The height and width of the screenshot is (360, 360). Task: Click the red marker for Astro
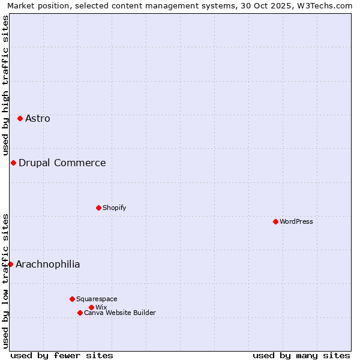[20, 119]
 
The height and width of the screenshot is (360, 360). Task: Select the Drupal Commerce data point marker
[13, 163]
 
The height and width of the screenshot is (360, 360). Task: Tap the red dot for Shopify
[98, 208]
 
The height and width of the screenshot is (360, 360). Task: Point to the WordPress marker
[275, 221]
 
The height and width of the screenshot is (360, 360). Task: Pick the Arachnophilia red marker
[10, 264]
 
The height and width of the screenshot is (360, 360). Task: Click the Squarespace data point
[72, 299]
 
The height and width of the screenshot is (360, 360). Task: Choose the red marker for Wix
[91, 307]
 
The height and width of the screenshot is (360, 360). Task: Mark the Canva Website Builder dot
[80, 313]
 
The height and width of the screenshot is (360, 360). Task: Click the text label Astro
[38, 119]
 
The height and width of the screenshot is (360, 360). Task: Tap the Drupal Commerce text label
[62, 163]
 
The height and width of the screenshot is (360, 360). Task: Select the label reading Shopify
[114, 208]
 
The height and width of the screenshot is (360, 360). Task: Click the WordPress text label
[296, 221]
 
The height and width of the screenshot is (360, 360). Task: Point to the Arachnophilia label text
[48, 265]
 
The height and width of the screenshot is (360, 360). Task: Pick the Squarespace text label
[97, 299]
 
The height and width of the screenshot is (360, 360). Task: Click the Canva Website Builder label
[120, 313]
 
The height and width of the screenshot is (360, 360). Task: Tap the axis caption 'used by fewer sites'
[62, 355]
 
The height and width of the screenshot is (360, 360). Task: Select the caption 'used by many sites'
[301, 355]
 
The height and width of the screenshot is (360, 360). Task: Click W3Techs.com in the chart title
[324, 6]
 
